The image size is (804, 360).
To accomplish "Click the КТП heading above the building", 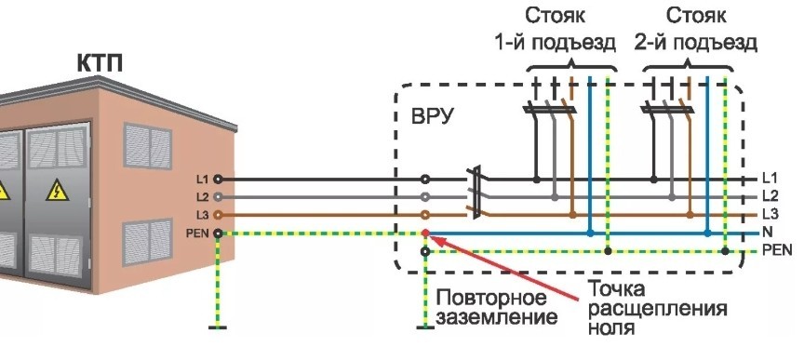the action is (x=100, y=63).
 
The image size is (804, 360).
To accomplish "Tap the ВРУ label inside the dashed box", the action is (x=433, y=117).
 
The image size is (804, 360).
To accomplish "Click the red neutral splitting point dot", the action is (x=425, y=233).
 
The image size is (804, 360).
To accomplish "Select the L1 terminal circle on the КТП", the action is (x=218, y=180).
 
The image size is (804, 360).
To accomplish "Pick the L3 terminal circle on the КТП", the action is (x=218, y=215).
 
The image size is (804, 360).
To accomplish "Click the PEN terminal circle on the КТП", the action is (x=218, y=233).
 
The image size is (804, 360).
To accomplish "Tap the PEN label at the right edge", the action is (x=777, y=251).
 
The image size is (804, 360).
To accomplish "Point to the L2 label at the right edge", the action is (x=770, y=196).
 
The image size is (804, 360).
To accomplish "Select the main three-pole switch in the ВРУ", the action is (x=476, y=193).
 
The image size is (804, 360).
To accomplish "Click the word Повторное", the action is (x=491, y=298).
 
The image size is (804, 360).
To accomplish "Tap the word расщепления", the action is (x=657, y=310).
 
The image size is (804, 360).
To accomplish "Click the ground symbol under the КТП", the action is (x=218, y=327).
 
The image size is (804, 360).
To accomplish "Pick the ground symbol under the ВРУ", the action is (x=425, y=327).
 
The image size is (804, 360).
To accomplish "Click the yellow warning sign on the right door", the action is (x=57, y=191).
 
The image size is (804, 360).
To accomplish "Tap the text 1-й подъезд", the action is (x=555, y=43).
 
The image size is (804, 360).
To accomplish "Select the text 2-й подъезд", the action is (x=696, y=43).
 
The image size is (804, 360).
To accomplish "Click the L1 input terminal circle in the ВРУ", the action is (x=425, y=180).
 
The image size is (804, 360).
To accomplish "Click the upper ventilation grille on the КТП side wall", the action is (x=147, y=146).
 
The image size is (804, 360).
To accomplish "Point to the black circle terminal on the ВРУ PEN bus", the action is (x=425, y=252).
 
